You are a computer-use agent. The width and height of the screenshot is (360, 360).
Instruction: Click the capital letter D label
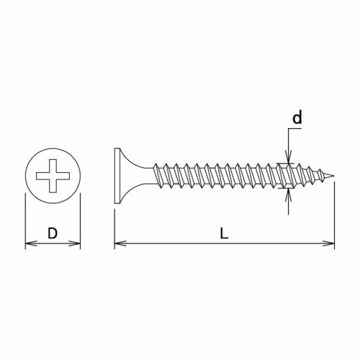coord(52,233)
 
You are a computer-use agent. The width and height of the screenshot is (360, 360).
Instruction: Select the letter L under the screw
coord(224,233)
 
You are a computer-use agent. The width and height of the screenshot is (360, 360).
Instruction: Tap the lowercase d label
coord(297,118)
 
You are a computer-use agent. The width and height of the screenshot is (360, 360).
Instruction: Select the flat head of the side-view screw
coord(117,176)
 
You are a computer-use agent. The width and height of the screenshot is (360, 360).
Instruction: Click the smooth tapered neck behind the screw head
coord(140,176)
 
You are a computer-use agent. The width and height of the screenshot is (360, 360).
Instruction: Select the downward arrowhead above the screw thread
coord(288,160)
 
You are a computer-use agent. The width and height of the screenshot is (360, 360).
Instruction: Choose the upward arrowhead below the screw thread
coord(288,193)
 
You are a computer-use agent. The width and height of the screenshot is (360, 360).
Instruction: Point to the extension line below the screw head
coord(114,227)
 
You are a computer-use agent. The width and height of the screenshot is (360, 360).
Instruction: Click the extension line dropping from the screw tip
coord(334,216)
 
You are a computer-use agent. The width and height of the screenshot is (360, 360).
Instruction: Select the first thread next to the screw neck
coord(160,176)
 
